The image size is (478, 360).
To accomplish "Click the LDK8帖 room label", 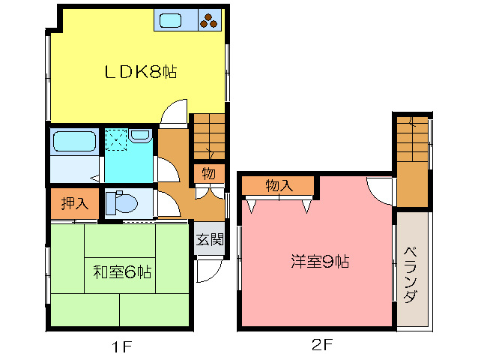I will coord(140,73).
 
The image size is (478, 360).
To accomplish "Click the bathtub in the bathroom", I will coord(73,142).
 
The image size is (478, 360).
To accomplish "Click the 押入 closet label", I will coord(74,204).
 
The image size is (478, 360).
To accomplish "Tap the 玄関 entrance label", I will coord(210,240).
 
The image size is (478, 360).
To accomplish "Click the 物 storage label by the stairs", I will coord(208,174).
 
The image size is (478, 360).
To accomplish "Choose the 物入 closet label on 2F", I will coord(278,186).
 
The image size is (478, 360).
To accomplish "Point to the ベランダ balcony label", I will coord(411,275).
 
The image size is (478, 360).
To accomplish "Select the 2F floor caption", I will coord(319,346).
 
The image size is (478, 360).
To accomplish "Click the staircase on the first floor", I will coord(209,137).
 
